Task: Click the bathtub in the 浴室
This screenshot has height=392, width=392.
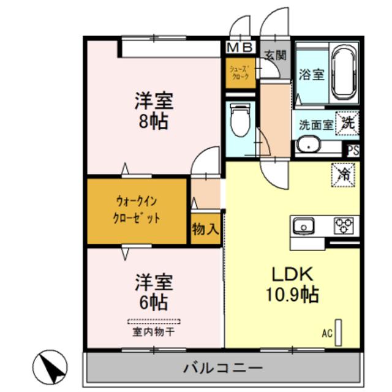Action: point(344,75)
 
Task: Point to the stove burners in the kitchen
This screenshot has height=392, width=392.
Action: point(342,225)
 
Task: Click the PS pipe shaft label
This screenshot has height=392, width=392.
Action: point(353,150)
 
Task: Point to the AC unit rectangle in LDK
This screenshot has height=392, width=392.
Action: point(338,333)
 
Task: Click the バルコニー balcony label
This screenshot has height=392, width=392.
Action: point(223,368)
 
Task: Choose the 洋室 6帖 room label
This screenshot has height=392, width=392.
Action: point(153,292)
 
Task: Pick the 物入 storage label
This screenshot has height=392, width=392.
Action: point(205,230)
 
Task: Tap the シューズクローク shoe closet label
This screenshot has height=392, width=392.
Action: point(239,73)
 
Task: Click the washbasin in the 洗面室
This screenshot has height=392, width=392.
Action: point(307,146)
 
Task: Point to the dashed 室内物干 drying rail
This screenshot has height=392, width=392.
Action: point(154,321)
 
